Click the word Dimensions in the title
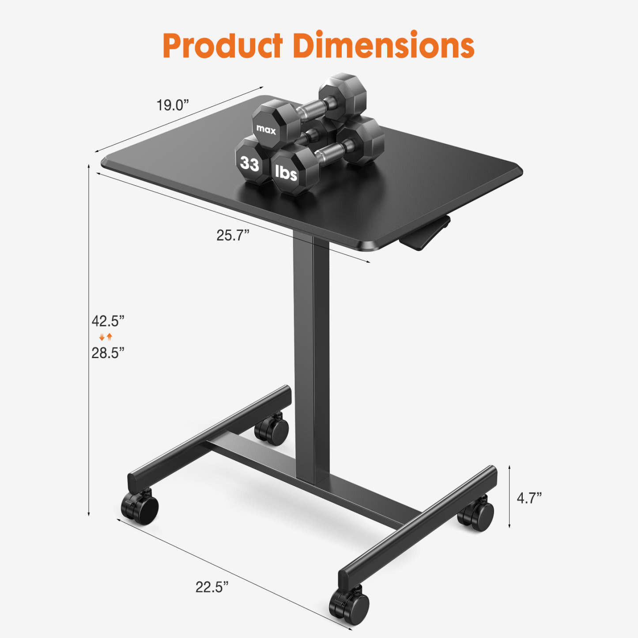click(384, 45)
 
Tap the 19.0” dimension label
click(173, 105)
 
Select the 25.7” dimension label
click(233, 235)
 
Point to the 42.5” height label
click(108, 321)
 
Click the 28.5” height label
click(108, 353)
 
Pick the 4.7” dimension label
click(529, 498)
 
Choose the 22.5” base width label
click(212, 587)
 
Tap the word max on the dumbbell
click(266, 129)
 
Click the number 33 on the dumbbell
click(249, 164)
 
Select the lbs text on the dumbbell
click(286, 173)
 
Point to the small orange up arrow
click(109, 337)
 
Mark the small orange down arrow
click(102, 337)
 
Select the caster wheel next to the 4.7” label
click(477, 514)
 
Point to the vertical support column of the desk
click(311, 353)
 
